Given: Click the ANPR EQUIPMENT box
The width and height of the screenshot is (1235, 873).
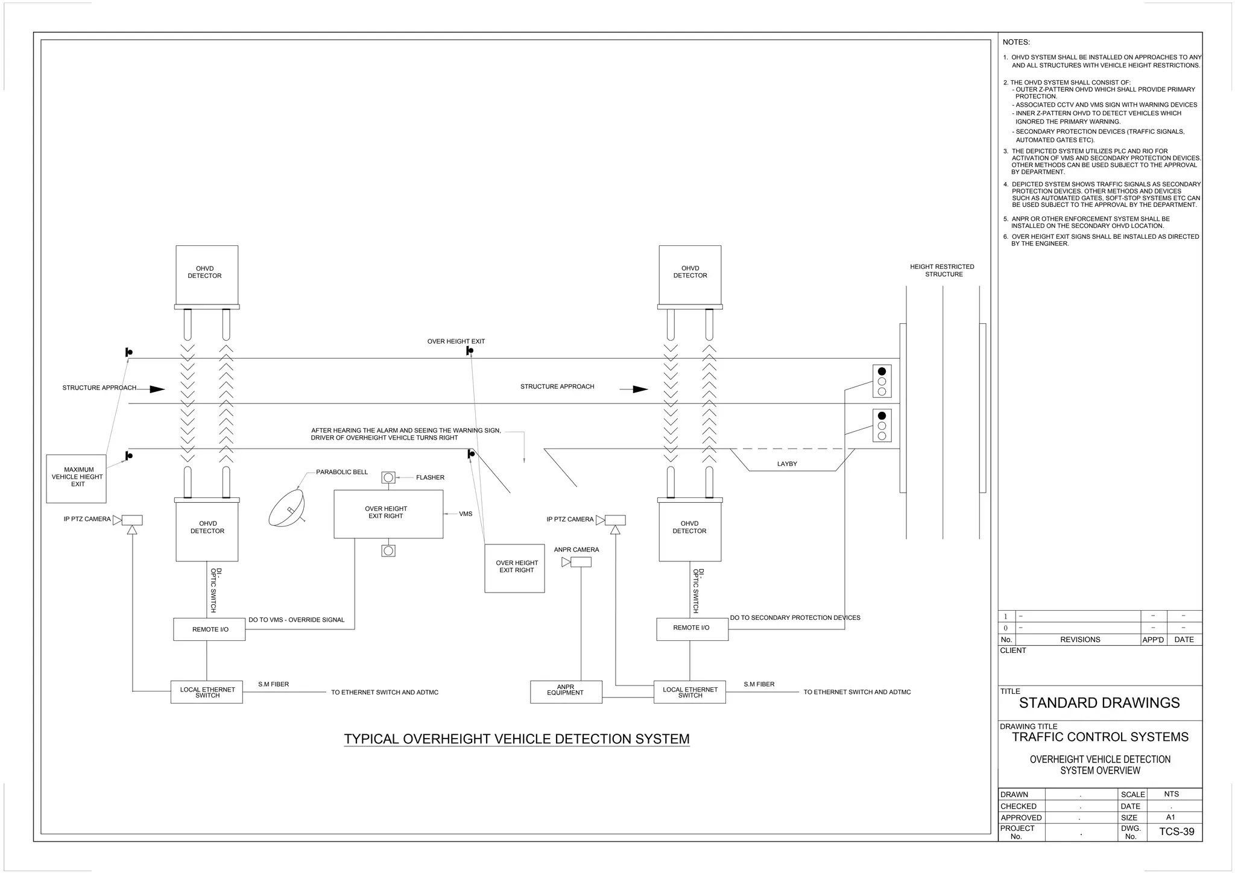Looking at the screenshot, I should pos(566,692).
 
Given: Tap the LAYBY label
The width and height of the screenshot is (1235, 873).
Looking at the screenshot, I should pos(787,464).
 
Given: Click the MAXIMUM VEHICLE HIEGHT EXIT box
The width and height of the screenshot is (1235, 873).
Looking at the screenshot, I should pos(77,478).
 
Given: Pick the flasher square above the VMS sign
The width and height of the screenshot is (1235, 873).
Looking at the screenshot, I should pos(388,477).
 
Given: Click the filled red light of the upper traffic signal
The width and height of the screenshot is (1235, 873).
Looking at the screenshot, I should pos(882,371).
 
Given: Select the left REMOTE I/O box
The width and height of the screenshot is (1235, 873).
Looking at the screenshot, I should pos(209,629).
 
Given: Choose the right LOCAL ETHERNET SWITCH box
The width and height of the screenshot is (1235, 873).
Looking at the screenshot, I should pos(689,692).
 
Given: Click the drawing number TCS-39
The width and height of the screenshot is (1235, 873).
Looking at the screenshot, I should pos(1176,831).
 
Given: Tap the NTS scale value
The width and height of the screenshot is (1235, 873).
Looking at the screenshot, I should pos(1171,794).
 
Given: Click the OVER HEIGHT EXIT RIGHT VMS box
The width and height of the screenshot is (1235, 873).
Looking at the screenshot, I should pos(388,514).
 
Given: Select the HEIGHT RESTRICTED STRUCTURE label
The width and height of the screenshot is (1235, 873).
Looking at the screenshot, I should pos(942,270).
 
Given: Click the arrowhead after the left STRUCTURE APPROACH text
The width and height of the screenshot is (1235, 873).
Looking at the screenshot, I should pos(157,389).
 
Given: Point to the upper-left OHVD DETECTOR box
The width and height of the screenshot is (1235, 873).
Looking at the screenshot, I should pos(206,274).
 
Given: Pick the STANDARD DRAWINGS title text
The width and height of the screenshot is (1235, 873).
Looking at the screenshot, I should pos(1099,702).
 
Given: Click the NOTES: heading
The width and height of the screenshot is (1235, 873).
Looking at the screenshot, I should pos(1016,42).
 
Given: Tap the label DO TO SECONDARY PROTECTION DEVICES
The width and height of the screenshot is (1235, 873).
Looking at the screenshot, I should pos(795,617).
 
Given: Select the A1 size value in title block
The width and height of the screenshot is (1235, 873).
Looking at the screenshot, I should pos(1170,817).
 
